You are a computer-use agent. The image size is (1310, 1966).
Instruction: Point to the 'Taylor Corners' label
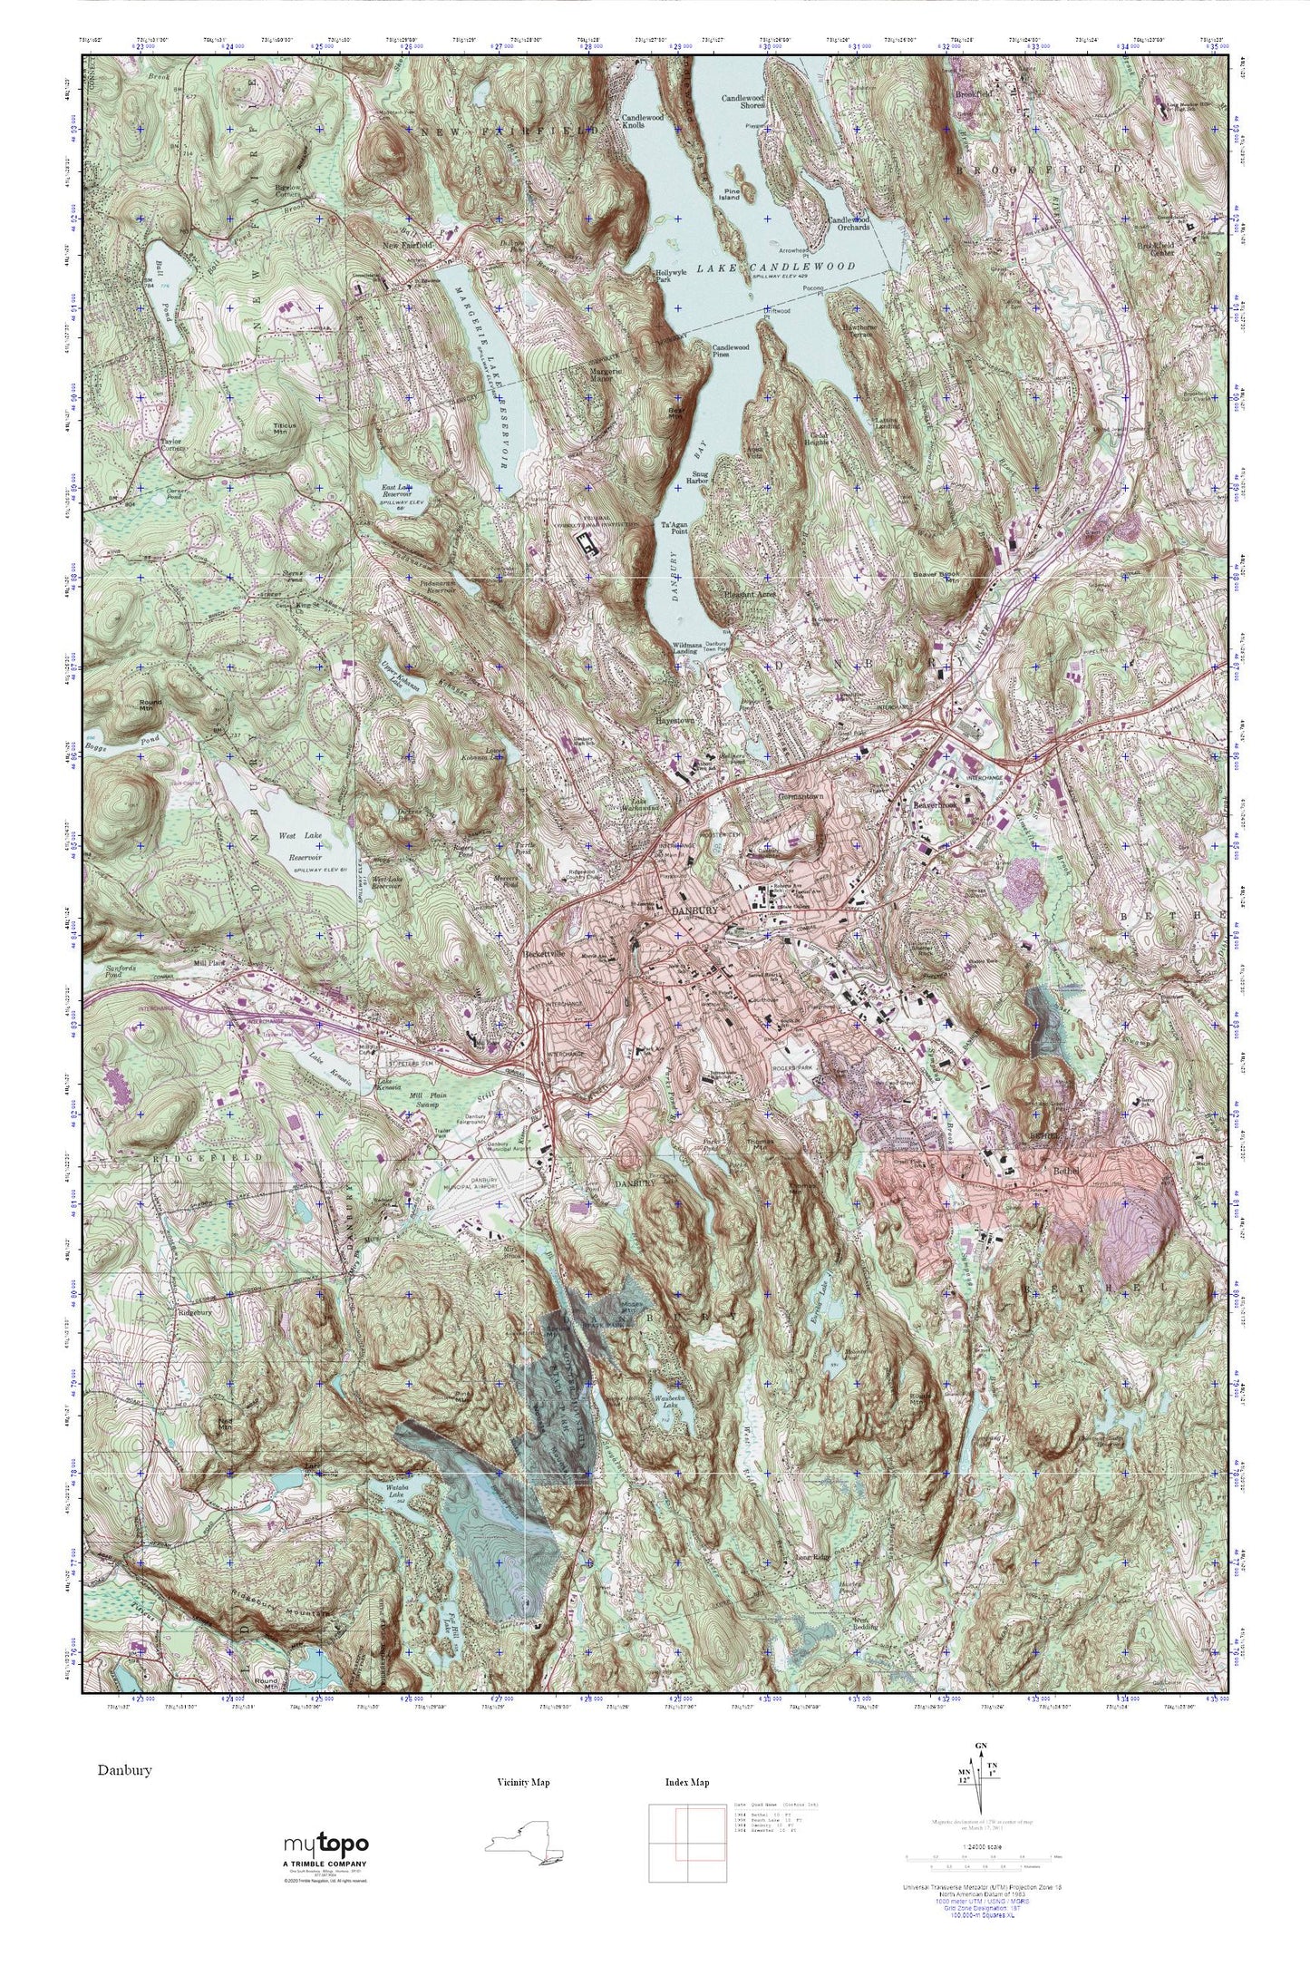(173, 445)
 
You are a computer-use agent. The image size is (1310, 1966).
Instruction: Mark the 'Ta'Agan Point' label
(675, 530)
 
